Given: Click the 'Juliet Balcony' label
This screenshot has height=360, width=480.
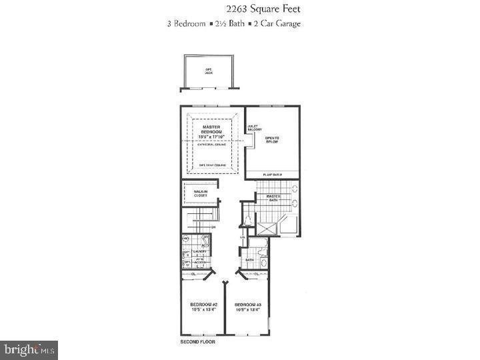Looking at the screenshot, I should point(254,127).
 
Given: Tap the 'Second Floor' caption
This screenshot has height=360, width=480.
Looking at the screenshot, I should point(197,342).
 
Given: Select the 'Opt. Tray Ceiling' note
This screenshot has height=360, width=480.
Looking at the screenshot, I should point(213,165).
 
